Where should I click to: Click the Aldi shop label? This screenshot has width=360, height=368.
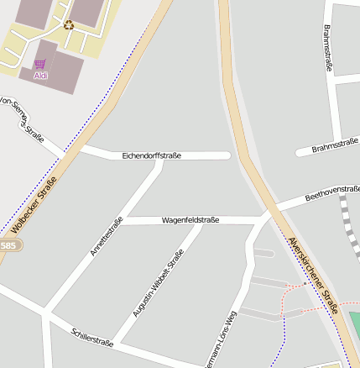click(40, 76)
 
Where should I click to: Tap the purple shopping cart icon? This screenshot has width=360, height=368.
click(40, 64)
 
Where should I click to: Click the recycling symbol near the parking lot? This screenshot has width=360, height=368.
click(69, 24)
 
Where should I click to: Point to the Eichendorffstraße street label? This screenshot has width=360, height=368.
click(151, 155)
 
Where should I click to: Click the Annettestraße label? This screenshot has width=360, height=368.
click(107, 236)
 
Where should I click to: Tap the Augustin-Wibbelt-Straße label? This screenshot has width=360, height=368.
click(158, 284)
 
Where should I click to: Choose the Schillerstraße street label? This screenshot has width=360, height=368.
click(92, 337)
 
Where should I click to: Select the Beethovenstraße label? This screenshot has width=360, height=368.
click(331, 192)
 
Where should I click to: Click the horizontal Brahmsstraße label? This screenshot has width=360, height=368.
click(335, 147)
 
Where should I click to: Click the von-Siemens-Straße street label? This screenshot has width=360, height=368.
click(20, 116)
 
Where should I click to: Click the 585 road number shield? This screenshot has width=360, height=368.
click(8, 245)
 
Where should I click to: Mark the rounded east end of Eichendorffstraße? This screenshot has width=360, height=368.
click(227, 155)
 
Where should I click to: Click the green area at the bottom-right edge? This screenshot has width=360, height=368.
click(355, 323)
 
